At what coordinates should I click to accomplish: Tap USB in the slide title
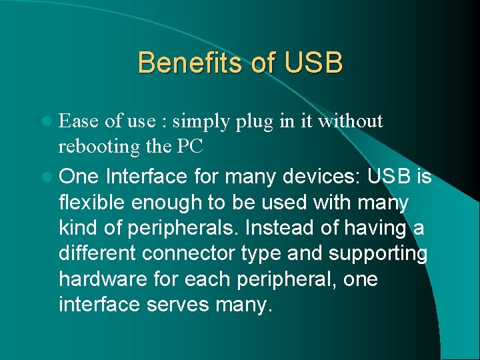coord(313,63)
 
